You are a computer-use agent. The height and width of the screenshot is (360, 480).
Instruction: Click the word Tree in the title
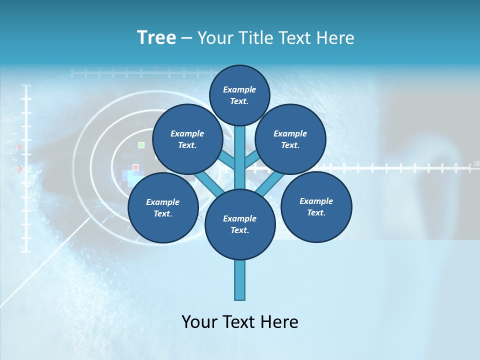[156, 38]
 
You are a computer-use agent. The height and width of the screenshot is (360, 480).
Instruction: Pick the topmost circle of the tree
[239, 95]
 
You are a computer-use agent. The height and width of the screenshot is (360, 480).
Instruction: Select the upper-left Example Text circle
[187, 139]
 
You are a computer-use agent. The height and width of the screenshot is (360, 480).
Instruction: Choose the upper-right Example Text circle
[290, 139]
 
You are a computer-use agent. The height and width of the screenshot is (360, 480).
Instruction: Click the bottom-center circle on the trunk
[240, 224]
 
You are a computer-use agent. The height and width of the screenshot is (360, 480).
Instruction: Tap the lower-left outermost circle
[163, 207]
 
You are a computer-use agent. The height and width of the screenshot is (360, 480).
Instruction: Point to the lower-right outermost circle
[316, 206]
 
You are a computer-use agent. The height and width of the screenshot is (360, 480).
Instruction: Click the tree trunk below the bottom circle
[240, 280]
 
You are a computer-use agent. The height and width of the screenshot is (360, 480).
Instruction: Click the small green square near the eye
[141, 145]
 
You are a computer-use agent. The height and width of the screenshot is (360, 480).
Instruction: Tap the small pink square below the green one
[135, 167]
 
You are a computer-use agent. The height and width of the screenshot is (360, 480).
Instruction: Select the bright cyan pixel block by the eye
[133, 177]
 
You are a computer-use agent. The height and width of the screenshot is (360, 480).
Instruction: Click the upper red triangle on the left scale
[20, 147]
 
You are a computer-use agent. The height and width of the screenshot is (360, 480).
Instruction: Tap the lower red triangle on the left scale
[20, 169]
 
